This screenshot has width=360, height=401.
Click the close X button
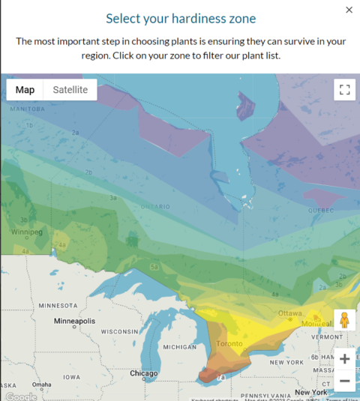pyautogui.click(x=349, y=10)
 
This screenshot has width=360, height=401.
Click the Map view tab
pyautogui.click(x=25, y=90)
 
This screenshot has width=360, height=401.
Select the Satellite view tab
pyautogui.click(x=70, y=90)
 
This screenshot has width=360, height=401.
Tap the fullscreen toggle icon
pyautogui.click(x=344, y=90)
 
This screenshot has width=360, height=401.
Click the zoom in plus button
pyautogui.click(x=344, y=358)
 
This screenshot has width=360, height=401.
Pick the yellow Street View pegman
pyautogui.click(x=344, y=320)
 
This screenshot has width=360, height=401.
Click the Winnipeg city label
pyautogui.click(x=26, y=232)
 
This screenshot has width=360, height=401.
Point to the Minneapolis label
pyautogui.click(x=74, y=321)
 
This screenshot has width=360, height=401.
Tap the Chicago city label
pyautogui.click(x=143, y=373)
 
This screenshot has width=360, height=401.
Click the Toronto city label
pyautogui.click(x=229, y=343)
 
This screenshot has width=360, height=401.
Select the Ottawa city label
pyautogui.click(x=289, y=313)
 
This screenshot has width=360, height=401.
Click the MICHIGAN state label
pyautogui.click(x=179, y=347)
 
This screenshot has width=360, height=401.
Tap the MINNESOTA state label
pyautogui.click(x=58, y=306)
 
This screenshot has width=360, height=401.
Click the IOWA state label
pyautogui.click(x=72, y=377)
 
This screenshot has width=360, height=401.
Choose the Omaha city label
pyautogui.click(x=41, y=385)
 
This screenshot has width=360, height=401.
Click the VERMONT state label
pyautogui.click(x=326, y=337)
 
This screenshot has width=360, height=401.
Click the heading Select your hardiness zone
pyautogui.click(x=179, y=18)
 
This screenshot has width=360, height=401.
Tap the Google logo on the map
pyautogui.click(x=20, y=396)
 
